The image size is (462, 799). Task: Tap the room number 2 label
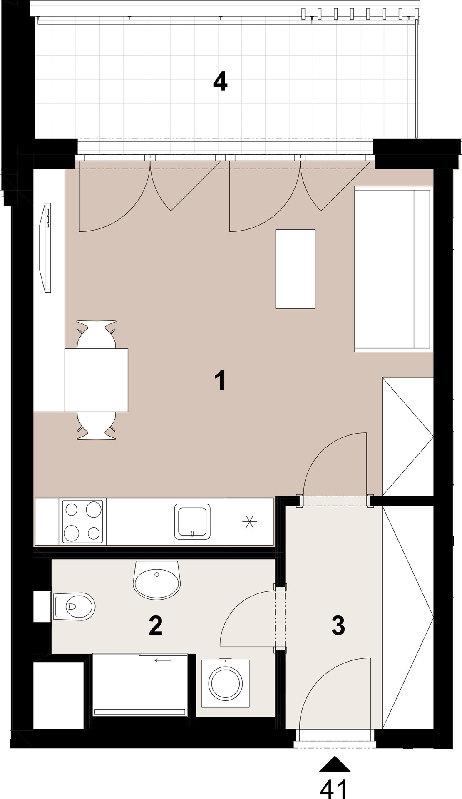click(155, 626)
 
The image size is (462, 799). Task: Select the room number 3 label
click(338, 625)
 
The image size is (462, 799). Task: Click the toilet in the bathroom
click(73, 605)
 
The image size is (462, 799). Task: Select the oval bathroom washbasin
click(157, 580)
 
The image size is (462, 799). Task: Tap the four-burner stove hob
click(82, 522)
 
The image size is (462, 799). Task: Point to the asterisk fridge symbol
click(250, 521)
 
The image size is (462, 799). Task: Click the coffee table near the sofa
click(295, 269)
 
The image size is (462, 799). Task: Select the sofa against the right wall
click(392, 269)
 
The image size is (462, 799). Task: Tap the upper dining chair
click(97, 334)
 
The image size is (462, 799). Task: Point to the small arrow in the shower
click(162, 660)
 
